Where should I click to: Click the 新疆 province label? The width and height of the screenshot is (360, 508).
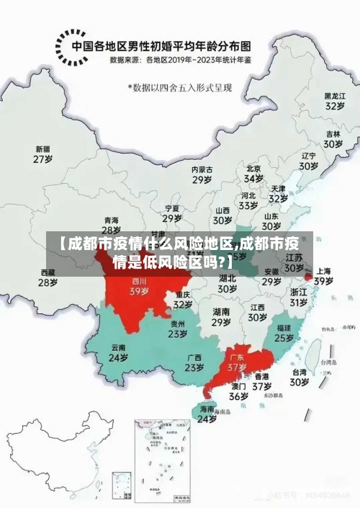point(44,149)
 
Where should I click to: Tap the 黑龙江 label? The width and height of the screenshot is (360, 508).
point(334,95)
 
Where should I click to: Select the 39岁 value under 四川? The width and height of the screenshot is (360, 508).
point(139,292)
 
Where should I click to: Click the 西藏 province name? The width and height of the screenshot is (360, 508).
point(48,272)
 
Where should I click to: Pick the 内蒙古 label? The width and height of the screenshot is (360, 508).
point(202,169)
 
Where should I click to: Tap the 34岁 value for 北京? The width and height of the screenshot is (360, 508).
point(253,178)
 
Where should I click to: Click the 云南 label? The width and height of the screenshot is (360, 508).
point(119,347)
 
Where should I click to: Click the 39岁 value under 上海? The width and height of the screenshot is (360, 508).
point(323,280)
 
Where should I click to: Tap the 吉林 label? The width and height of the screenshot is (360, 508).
point(333,134)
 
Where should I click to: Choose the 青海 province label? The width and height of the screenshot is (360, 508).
point(112,220)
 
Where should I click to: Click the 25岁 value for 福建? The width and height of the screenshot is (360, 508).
point(284,337)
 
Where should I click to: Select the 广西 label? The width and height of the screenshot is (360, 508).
point(194,357)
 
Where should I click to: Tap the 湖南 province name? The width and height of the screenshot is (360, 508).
point(221,311)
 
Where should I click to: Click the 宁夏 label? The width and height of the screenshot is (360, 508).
point(171,208)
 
